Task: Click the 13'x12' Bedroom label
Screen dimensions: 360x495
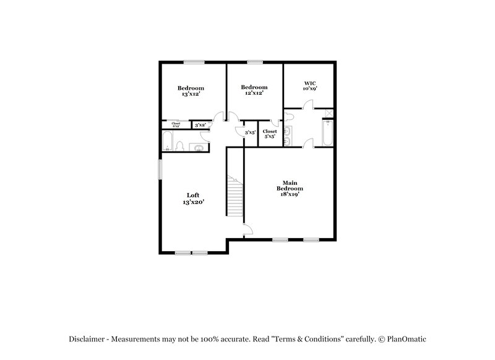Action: click(x=192, y=91)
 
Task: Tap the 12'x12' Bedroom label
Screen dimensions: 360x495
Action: click(x=254, y=90)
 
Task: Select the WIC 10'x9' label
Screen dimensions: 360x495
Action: click(x=309, y=86)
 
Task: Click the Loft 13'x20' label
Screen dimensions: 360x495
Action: click(x=193, y=199)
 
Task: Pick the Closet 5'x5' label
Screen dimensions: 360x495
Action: click(x=270, y=134)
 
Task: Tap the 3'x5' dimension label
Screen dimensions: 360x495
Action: click(x=250, y=132)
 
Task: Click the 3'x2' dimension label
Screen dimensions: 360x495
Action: click(x=200, y=126)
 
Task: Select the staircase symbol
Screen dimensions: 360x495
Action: click(x=235, y=196)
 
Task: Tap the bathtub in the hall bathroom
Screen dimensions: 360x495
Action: click(x=167, y=142)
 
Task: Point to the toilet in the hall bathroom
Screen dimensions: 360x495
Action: click(x=179, y=146)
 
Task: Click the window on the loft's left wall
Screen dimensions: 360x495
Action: click(x=159, y=169)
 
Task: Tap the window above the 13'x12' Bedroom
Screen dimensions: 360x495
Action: click(x=194, y=61)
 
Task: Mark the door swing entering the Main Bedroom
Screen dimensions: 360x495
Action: click(x=247, y=230)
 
